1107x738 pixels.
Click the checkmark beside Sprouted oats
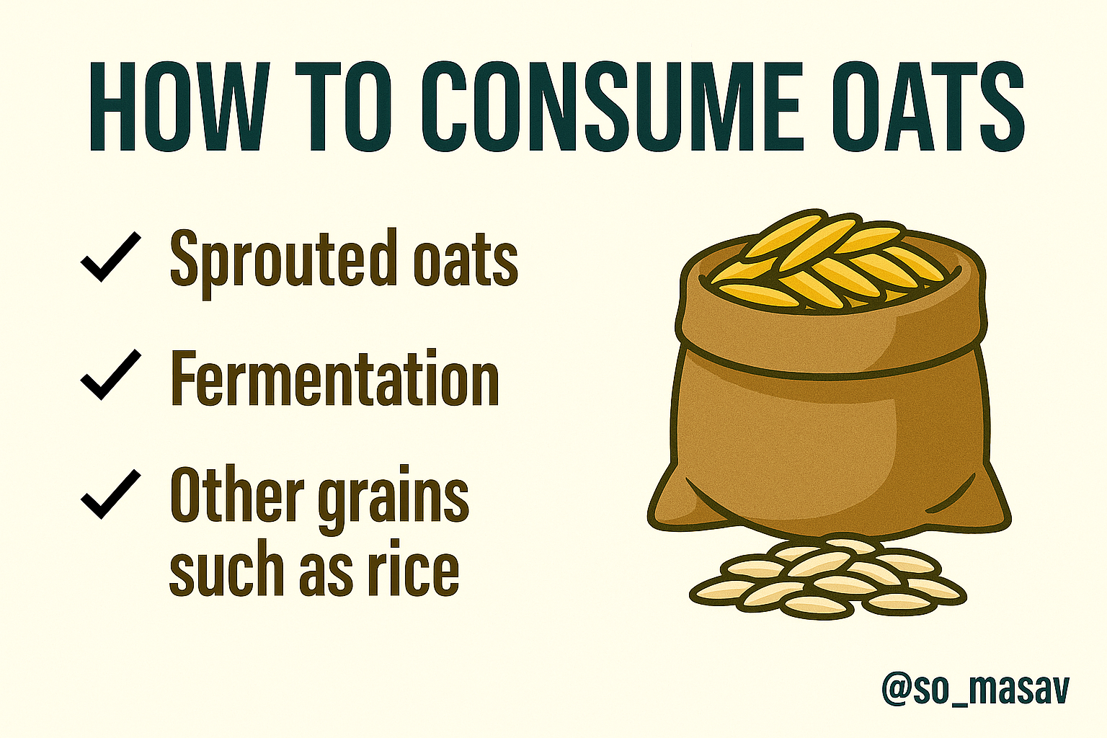pos(111,257)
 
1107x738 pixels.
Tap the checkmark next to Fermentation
pos(111,374)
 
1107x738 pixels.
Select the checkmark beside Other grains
pos(111,494)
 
